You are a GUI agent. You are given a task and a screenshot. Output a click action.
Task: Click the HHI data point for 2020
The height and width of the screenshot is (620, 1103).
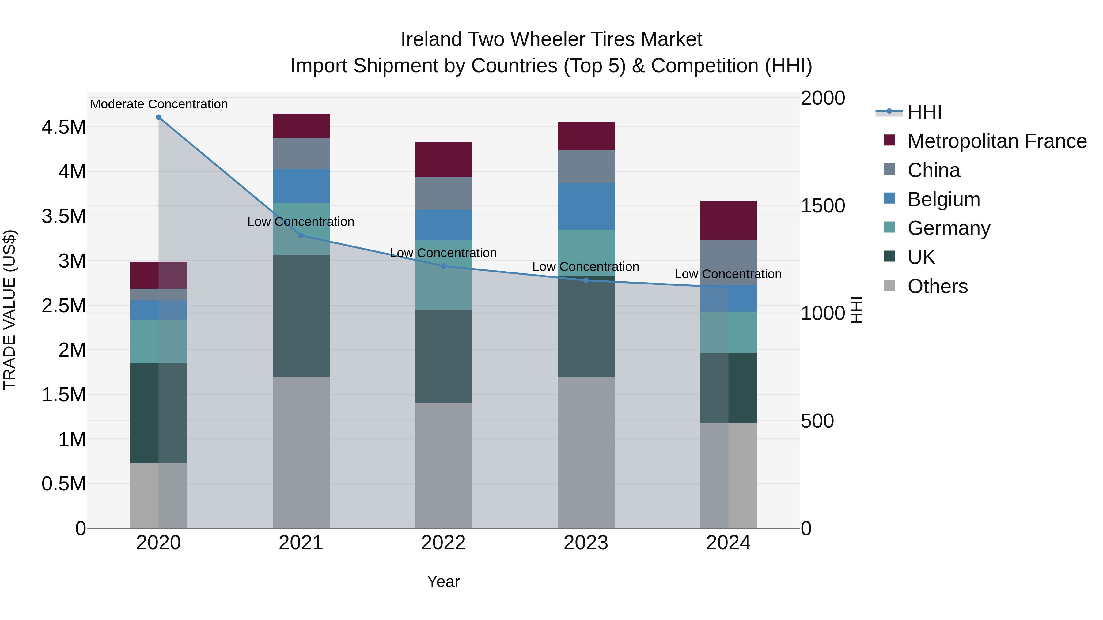click(x=158, y=117)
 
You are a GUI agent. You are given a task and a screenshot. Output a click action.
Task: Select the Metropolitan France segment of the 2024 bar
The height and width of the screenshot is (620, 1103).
click(x=728, y=220)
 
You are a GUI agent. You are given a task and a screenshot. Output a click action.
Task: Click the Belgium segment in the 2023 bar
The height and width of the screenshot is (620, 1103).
click(x=586, y=206)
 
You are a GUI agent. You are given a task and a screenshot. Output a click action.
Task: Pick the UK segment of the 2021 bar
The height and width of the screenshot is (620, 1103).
click(x=301, y=316)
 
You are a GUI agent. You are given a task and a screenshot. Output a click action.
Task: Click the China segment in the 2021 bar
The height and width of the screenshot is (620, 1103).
click(x=301, y=154)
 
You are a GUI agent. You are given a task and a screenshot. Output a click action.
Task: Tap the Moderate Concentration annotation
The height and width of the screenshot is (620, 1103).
click(x=159, y=104)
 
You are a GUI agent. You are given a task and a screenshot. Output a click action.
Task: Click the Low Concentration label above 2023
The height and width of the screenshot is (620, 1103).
click(x=585, y=267)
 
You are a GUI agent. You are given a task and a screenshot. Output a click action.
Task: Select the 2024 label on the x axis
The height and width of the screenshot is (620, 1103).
click(x=728, y=543)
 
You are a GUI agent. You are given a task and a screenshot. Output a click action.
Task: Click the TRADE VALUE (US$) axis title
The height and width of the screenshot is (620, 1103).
click(x=9, y=310)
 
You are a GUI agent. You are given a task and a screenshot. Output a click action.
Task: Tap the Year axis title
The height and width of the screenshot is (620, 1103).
click(x=443, y=581)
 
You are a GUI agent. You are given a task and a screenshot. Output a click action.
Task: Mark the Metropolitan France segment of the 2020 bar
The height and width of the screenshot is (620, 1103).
click(x=158, y=275)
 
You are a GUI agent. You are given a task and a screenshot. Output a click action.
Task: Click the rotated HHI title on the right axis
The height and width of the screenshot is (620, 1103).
click(x=856, y=310)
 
